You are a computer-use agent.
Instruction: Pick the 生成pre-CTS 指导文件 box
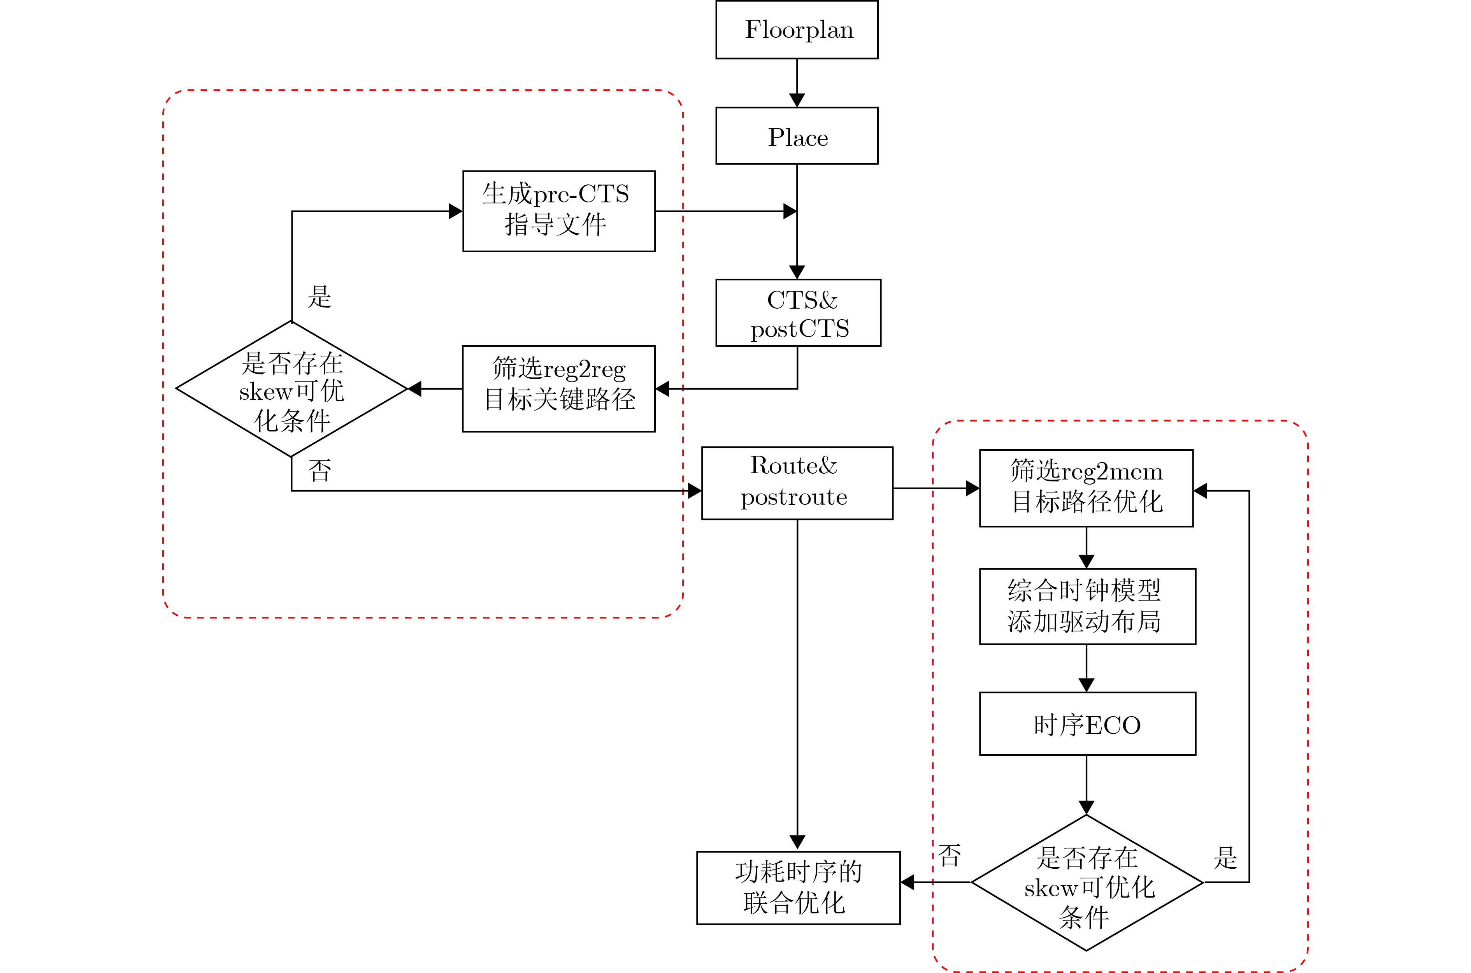[558, 211]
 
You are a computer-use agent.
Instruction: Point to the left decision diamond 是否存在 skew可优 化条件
[291, 389]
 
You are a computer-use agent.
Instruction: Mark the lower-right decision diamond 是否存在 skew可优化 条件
[1087, 882]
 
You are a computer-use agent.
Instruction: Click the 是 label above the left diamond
[319, 297]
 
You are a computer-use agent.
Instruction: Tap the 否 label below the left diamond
[319, 471]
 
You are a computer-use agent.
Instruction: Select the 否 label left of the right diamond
[949, 856]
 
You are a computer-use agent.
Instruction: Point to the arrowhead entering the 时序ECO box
[1087, 685]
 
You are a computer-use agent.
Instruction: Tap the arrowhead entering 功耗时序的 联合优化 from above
[797, 843]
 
